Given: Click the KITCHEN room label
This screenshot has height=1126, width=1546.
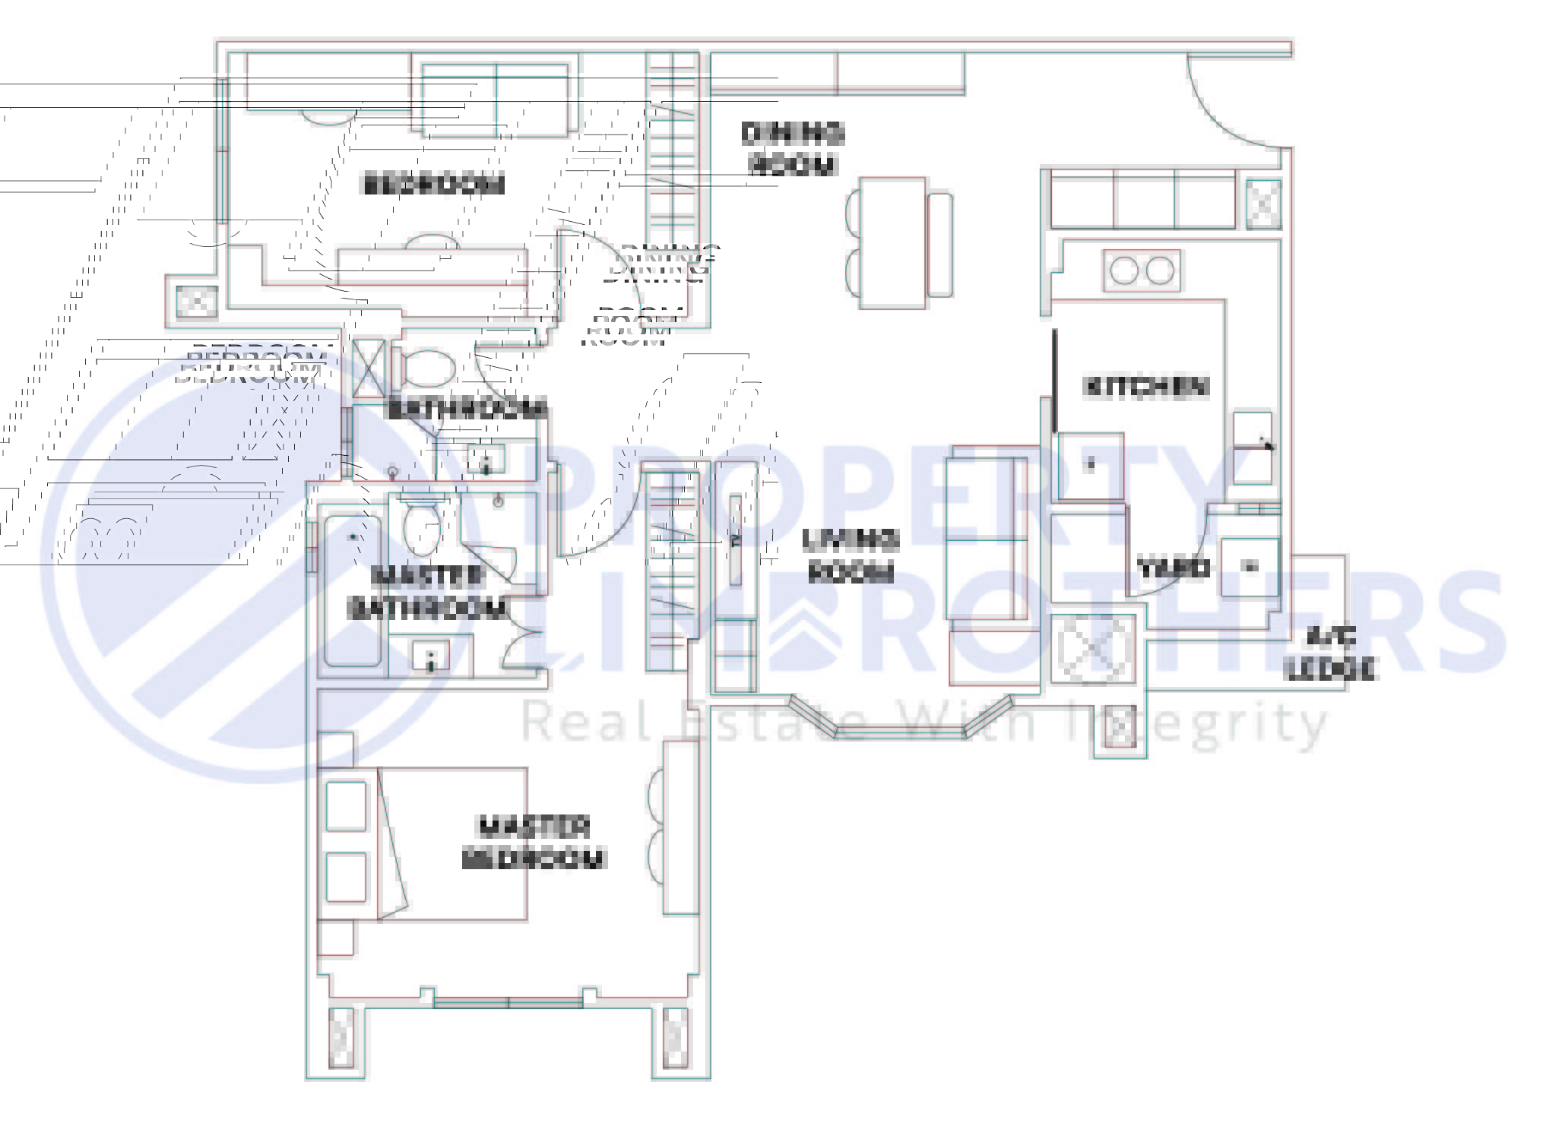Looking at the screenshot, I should tap(1144, 387).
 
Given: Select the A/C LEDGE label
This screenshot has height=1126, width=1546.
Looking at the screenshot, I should tap(1329, 653).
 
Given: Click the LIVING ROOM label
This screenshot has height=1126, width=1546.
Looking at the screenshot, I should tap(850, 555).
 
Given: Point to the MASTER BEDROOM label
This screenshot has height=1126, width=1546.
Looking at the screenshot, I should tap(533, 843).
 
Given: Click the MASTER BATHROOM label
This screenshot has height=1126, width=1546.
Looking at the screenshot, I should tap(426, 592).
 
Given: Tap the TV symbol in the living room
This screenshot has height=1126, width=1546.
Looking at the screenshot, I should tap(735, 540).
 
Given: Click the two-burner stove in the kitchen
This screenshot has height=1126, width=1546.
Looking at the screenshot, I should tap(1142, 270).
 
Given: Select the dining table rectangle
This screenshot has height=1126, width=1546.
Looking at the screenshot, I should tap(892, 243).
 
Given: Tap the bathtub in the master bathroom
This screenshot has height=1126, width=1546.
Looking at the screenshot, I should tap(353, 590).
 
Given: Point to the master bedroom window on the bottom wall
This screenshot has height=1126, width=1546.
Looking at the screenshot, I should tap(508, 1003).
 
